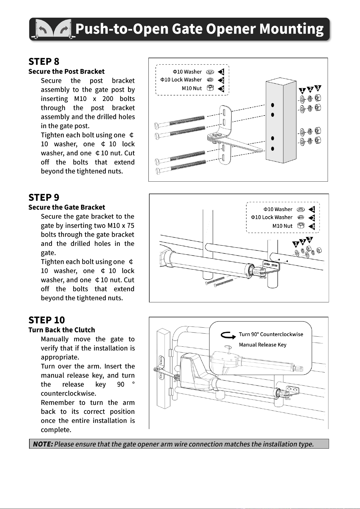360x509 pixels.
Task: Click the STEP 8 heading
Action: (x=44, y=61)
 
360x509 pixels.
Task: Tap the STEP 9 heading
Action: (x=44, y=197)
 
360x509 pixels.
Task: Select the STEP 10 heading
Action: (x=47, y=320)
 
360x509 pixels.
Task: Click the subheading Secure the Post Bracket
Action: (x=66, y=72)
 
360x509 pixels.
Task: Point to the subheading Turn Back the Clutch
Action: (x=62, y=330)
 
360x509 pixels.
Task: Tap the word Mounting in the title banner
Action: (x=291, y=29)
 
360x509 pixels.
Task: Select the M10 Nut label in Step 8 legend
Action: (x=192, y=88)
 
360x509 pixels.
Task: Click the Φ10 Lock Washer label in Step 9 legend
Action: (x=272, y=217)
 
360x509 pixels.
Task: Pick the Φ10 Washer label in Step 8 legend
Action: (x=187, y=72)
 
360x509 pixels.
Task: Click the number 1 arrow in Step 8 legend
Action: (x=221, y=72)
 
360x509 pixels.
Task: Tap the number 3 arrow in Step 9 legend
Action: (x=312, y=226)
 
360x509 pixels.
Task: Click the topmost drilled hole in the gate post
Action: (x=272, y=105)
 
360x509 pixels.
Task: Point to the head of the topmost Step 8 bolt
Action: (x=156, y=126)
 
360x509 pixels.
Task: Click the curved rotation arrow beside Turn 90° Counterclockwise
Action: (x=228, y=336)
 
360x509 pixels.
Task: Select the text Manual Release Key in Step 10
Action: (x=263, y=345)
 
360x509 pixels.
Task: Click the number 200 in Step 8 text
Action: (x=108, y=99)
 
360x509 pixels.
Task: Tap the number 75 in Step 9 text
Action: (x=131, y=226)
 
